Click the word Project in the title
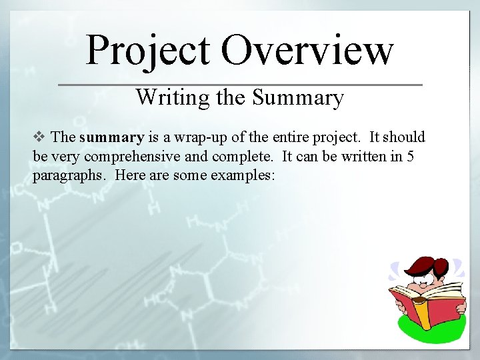pos(148,51)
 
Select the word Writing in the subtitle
pos(173,98)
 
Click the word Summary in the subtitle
pos(297,98)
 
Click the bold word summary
pos(111,138)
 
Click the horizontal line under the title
pos(240,85)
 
